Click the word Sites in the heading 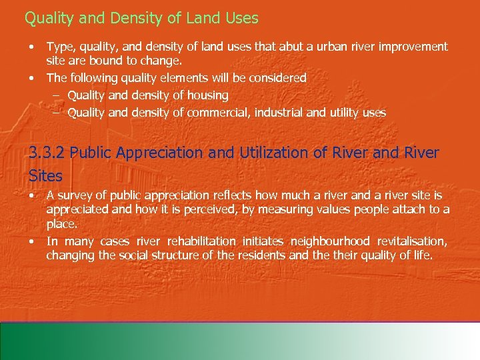[x=46, y=175]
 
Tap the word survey [x=75, y=195]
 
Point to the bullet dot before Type [x=31, y=47]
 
